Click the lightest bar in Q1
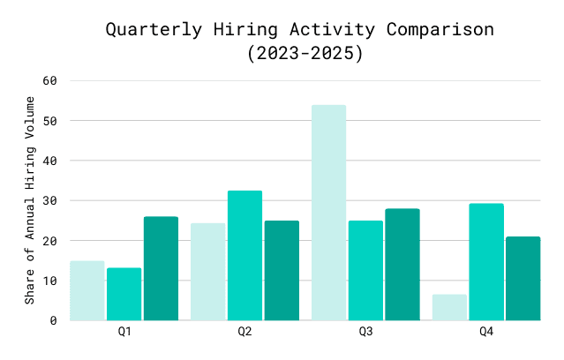point(86,290)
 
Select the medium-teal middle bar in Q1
point(124,294)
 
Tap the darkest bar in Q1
point(161,268)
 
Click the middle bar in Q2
point(244,255)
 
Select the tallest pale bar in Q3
point(328,213)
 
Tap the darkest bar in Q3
point(402,265)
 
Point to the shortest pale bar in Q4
point(449,307)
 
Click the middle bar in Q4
point(486,262)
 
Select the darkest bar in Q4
point(523,278)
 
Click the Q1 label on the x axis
point(124,332)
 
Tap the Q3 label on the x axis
point(365,332)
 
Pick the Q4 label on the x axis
point(486,332)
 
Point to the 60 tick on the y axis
point(50,80)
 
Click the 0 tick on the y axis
point(54,320)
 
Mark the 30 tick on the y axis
point(50,200)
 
